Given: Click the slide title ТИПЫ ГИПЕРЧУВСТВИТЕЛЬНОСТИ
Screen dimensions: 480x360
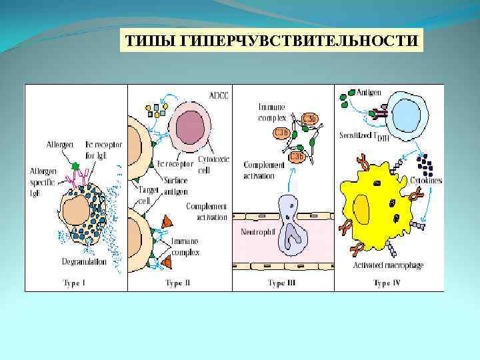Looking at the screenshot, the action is coord(271,42).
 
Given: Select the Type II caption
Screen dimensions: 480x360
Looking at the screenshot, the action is coord(178,283).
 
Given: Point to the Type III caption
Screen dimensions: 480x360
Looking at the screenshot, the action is coord(281,283).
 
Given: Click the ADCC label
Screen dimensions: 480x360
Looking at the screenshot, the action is coord(217,95).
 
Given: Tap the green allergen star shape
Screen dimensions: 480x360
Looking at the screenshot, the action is coord(75,165).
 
